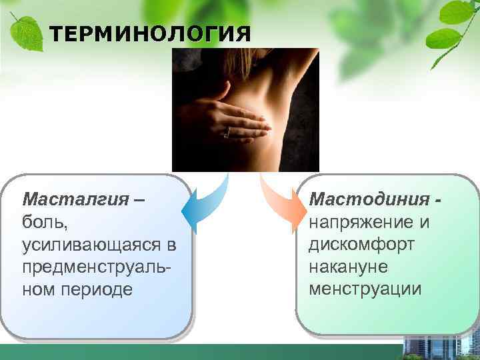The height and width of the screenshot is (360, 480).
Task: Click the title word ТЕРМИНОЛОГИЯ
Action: (151, 34)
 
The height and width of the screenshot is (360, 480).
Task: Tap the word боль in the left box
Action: (41, 222)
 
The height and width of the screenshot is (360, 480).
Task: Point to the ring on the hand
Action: (227, 132)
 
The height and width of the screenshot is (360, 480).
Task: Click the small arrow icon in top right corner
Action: (474, 5)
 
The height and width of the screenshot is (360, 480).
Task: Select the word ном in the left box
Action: (39, 290)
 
